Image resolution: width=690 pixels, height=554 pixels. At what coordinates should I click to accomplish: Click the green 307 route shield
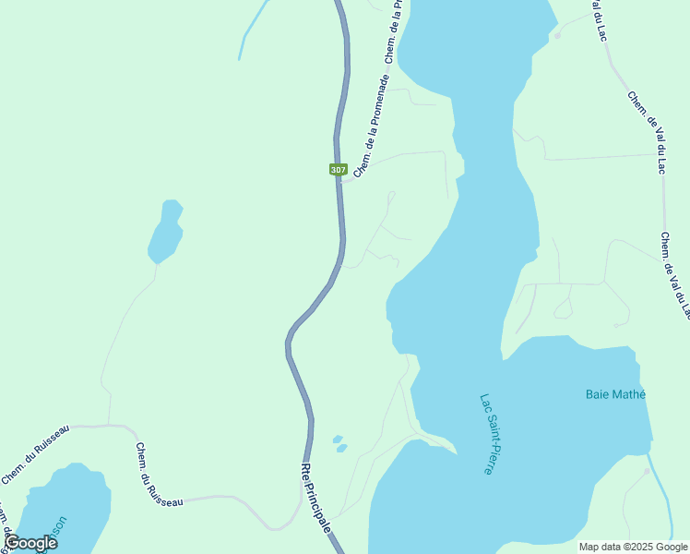point(338,170)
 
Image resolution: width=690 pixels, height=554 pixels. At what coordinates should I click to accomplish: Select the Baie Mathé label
point(615,394)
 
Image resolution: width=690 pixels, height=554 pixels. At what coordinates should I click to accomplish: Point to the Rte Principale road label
point(315,497)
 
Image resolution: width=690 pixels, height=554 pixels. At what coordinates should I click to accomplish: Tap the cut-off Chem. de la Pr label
point(394,33)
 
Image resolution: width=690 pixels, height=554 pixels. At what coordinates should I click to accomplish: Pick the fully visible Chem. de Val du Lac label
point(647,133)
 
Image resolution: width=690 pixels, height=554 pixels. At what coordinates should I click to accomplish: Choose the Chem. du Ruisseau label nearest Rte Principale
point(159,475)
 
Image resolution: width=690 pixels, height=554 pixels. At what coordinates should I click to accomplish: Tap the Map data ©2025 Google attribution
point(634,547)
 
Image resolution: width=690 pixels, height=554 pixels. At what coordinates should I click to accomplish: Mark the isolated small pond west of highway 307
point(165,234)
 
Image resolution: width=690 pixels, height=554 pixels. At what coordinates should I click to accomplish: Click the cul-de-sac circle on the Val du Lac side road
point(557,36)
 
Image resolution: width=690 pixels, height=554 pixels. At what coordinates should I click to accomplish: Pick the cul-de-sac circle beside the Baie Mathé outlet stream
point(647,471)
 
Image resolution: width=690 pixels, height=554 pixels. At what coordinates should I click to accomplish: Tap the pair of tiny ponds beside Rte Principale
point(339,443)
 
